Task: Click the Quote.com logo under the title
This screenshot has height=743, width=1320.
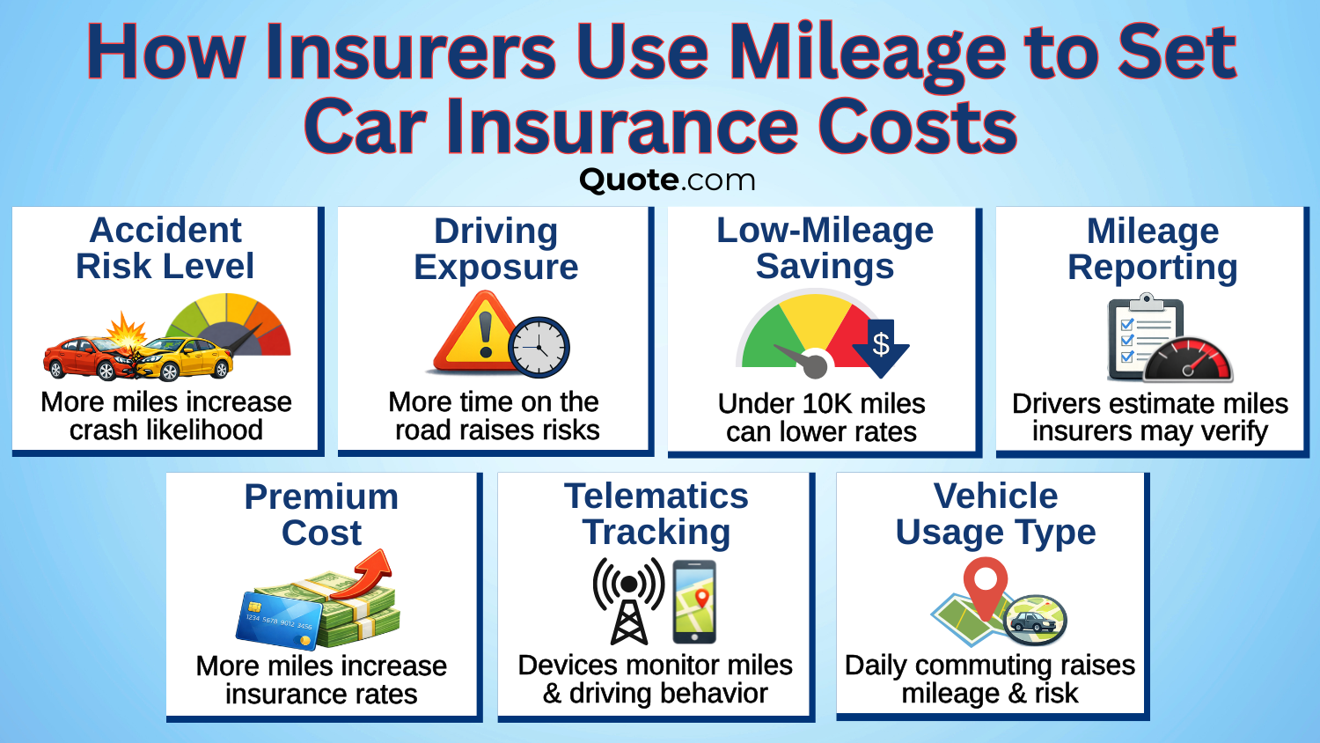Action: point(667,180)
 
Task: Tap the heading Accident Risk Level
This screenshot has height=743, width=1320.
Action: point(165,248)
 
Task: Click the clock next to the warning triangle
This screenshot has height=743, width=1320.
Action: point(539,348)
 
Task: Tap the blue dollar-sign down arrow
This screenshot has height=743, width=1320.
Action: point(881,346)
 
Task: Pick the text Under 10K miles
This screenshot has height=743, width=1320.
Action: point(821,403)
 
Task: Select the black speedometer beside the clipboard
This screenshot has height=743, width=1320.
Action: point(1188,361)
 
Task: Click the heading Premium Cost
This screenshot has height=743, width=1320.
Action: point(321,515)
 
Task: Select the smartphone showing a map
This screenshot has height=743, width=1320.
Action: point(694,602)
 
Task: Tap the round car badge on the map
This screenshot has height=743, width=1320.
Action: point(1035,621)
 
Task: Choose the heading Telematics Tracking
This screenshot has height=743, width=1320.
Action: point(656,514)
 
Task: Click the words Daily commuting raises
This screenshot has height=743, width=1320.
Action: point(989,665)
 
